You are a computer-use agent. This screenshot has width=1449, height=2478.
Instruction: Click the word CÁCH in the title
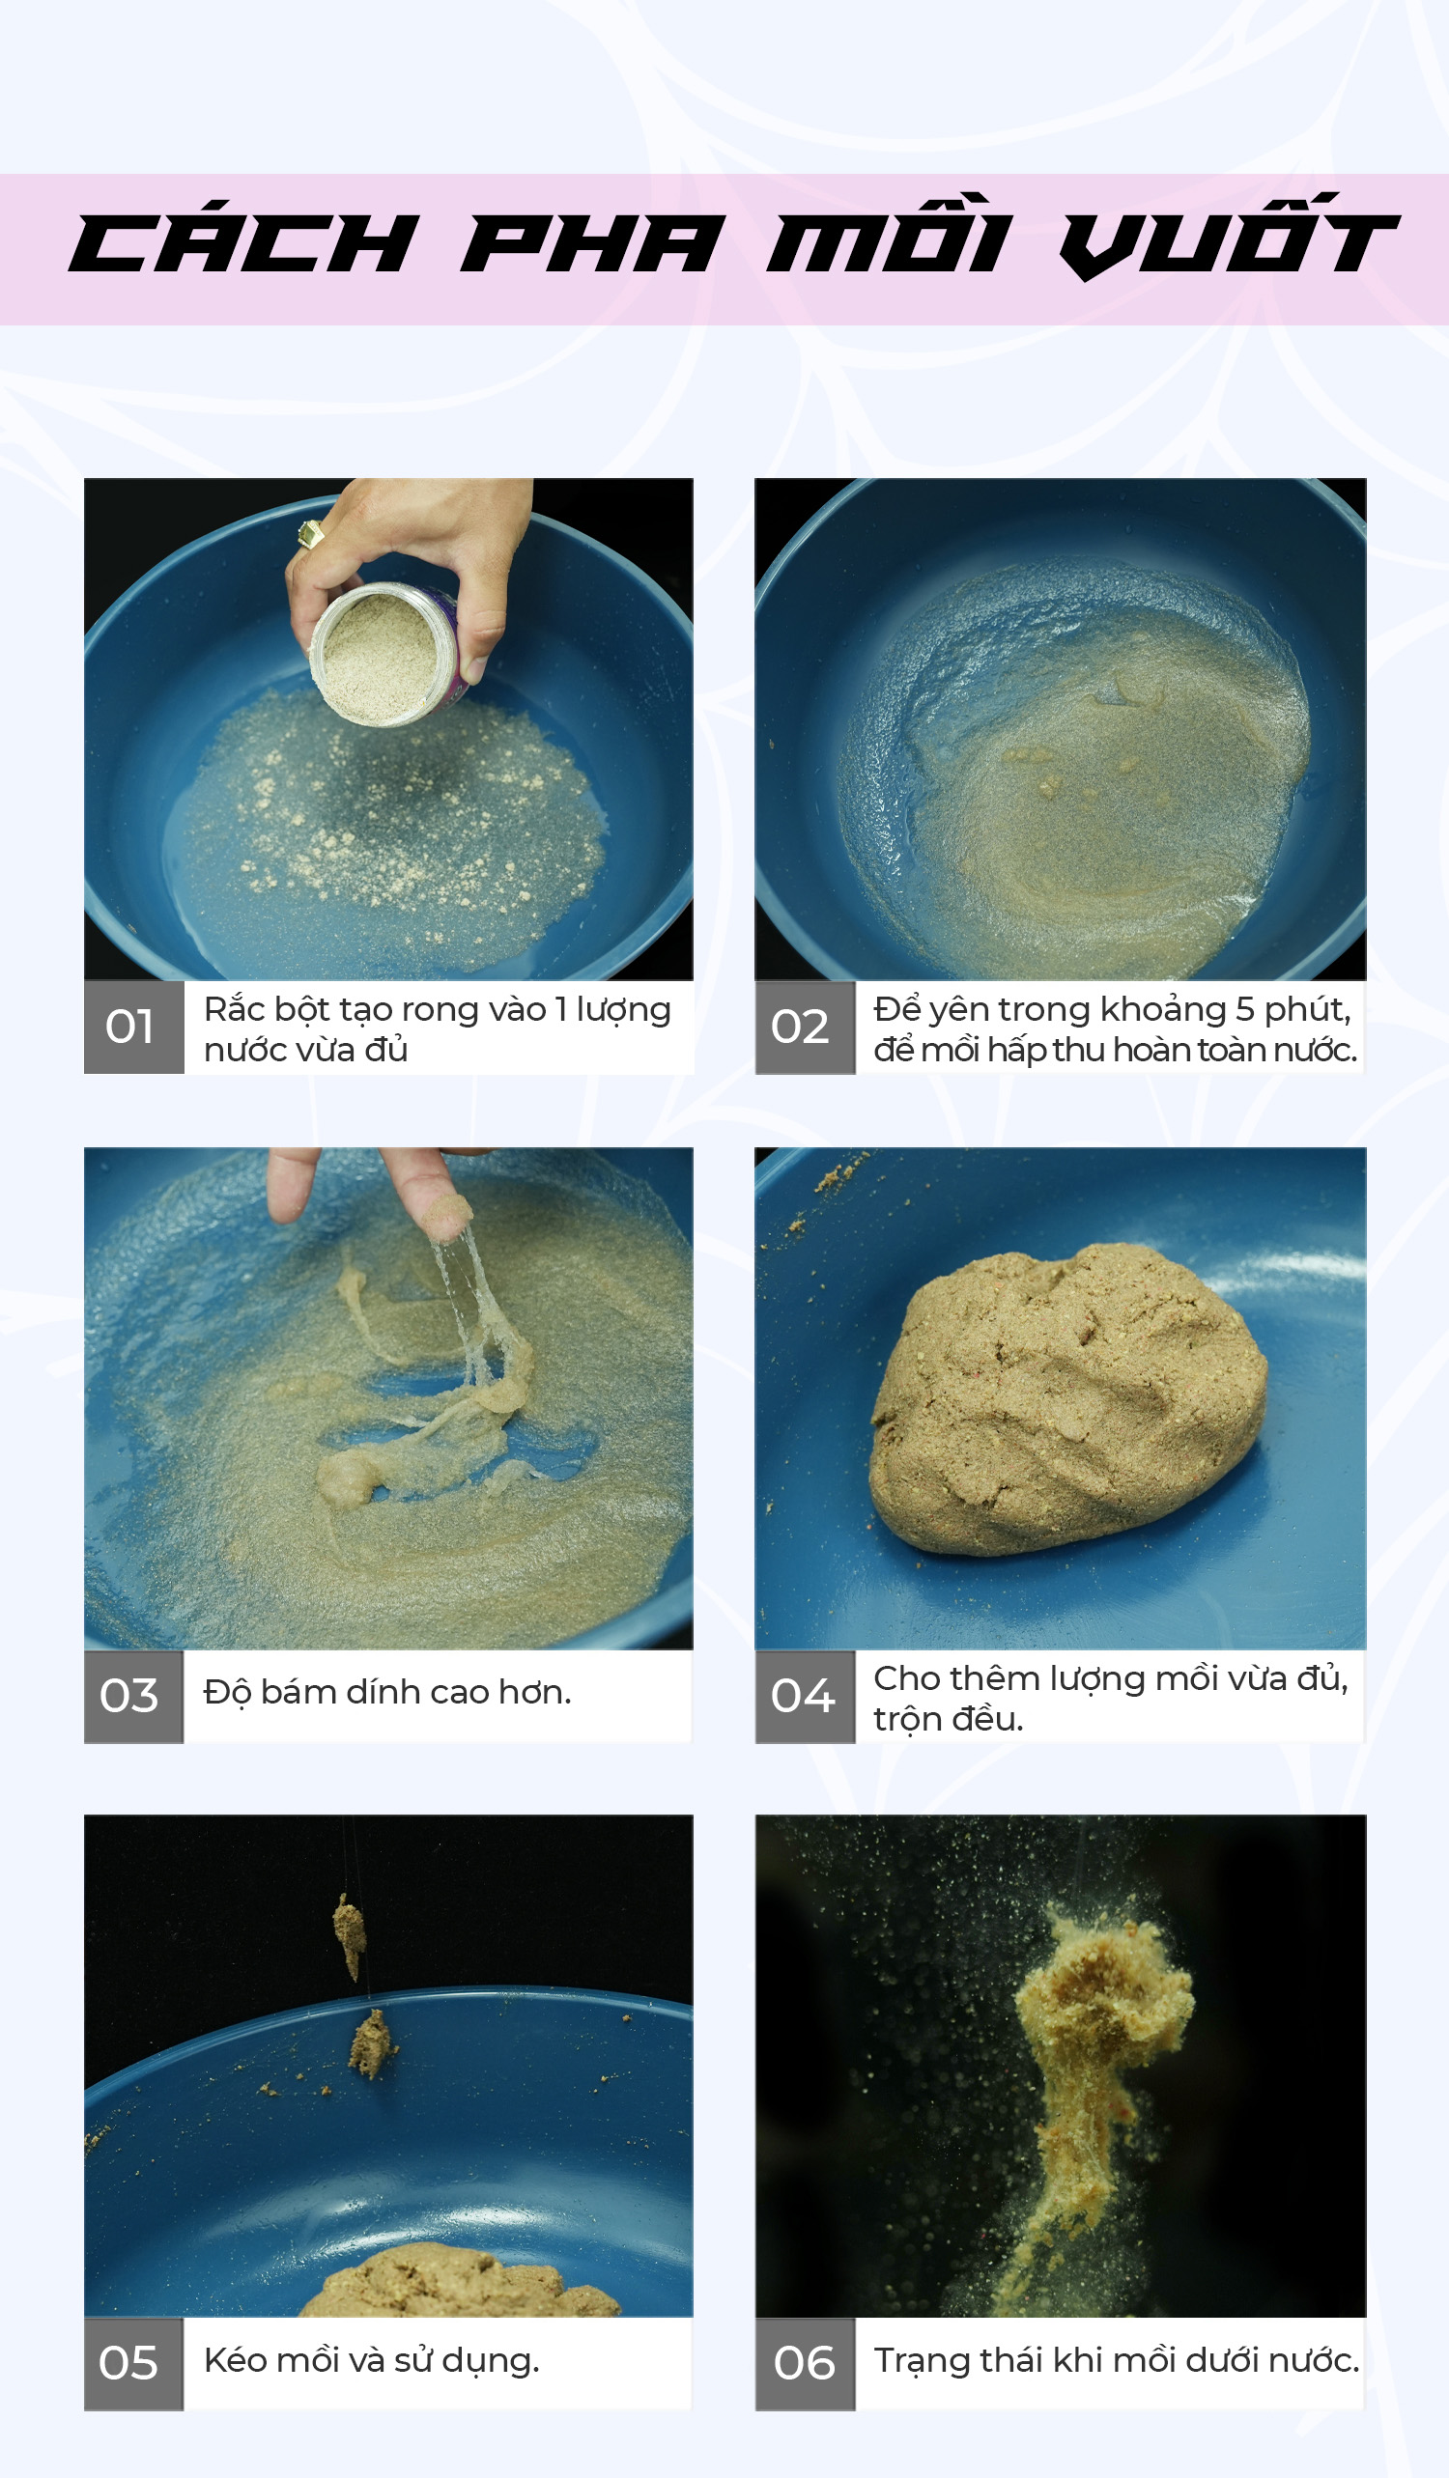coord(244,243)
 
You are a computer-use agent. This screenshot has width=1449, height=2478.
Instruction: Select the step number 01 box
coord(133,1027)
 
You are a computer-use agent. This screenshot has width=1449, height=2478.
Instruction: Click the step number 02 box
coord(805,1027)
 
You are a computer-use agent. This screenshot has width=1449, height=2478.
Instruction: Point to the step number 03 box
coord(133,1696)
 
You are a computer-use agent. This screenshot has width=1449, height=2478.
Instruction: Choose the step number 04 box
coord(805,1696)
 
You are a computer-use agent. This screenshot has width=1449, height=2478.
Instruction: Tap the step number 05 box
coord(133,2364)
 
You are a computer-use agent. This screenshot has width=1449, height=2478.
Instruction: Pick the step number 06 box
coord(805,2364)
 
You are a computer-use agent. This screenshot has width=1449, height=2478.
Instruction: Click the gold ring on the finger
coord(311,533)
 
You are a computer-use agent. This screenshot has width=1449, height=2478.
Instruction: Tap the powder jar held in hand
coord(385,655)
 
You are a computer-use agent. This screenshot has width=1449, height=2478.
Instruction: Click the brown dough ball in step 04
coord(1067,1398)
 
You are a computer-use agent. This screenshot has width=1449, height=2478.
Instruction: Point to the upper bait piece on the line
coord(350,1935)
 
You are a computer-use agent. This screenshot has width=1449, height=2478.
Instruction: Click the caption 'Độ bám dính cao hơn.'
coord(386,1692)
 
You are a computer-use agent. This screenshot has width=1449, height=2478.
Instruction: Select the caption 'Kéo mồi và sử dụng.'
coord(372,2361)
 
